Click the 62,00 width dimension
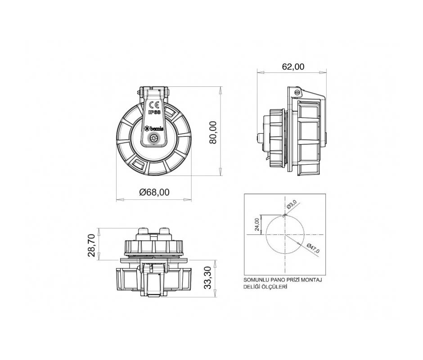tap(293, 67)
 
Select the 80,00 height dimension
tap(213, 132)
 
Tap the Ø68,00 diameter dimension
tap(154, 192)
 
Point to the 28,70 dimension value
tap(92, 245)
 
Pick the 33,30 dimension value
tap(208, 278)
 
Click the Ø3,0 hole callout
tap(292, 204)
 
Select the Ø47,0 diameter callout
tap(313, 248)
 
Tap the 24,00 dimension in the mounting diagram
tap(257, 225)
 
